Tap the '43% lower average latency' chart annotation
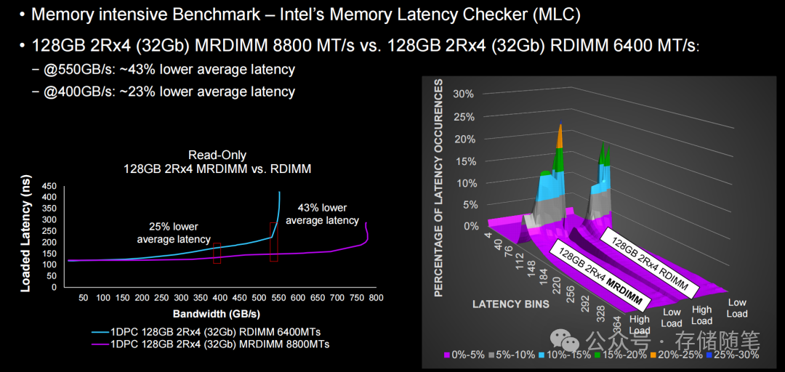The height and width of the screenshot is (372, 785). point(322,214)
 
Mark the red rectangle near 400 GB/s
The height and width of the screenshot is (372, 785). point(217,253)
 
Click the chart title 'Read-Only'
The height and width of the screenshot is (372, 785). point(217,155)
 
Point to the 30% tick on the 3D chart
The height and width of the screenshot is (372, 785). point(463,94)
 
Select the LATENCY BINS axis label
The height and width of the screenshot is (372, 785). point(512,304)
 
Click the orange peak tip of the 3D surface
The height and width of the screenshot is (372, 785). point(560,129)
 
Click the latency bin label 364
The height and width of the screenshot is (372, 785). point(616,322)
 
